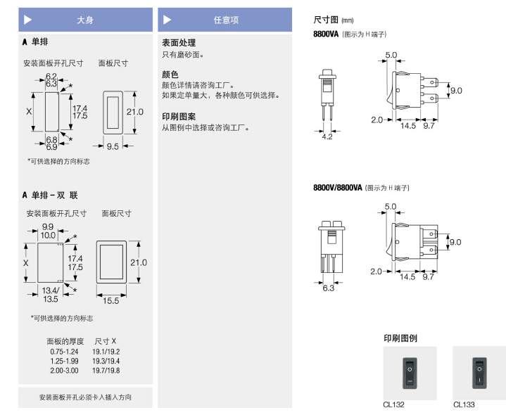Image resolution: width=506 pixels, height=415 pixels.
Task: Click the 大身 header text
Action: click(x=84, y=20)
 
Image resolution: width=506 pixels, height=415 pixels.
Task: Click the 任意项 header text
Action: click(x=227, y=20)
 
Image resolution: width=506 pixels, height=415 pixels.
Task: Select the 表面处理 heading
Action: click(x=179, y=43)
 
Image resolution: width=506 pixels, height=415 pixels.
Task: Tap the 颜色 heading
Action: click(x=170, y=74)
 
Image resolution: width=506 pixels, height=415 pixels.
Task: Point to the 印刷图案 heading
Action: click(x=179, y=116)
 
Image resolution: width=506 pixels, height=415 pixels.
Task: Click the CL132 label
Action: click(x=393, y=404)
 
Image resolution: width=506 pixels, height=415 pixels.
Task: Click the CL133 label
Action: click(x=464, y=404)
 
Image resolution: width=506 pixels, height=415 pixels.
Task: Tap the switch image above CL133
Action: click(x=479, y=372)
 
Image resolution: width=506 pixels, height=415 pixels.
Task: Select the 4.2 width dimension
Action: click(x=327, y=136)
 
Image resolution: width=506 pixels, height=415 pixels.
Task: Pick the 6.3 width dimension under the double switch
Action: click(x=327, y=287)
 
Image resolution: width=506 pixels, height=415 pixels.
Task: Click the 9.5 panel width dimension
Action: click(x=113, y=146)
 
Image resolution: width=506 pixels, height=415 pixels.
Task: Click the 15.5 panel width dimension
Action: click(x=110, y=300)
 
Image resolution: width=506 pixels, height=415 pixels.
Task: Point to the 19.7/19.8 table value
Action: click(x=106, y=370)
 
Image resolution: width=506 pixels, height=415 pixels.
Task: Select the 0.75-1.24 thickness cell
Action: click(x=64, y=351)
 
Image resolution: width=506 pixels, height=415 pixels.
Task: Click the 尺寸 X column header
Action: click(x=106, y=340)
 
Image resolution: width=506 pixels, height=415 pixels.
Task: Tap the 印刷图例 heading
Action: click(x=400, y=338)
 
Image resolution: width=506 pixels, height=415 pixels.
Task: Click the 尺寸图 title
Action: click(x=326, y=20)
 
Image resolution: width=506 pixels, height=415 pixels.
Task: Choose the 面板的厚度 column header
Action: click(x=64, y=340)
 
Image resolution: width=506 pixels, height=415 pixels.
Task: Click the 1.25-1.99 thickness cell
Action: click(x=64, y=360)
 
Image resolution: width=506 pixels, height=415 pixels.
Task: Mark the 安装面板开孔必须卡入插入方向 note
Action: click(x=85, y=397)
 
